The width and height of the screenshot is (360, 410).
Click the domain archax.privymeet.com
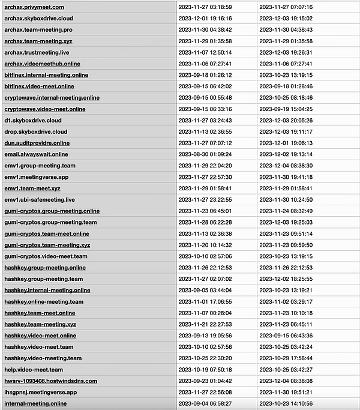click(34, 7)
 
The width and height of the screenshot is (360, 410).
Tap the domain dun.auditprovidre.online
click(37, 143)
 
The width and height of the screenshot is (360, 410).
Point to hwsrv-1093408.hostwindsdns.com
click(50, 381)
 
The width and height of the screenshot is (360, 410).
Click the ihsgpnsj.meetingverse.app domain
click(40, 392)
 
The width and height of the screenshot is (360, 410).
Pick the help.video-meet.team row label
click(34, 370)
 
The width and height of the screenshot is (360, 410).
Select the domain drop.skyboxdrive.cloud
click(36, 131)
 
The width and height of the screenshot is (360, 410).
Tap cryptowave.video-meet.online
click(45, 109)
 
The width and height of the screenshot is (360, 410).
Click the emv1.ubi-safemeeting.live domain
click(40, 199)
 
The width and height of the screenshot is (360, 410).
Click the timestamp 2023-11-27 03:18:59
click(205, 7)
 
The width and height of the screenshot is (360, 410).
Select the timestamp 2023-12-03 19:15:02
click(286, 18)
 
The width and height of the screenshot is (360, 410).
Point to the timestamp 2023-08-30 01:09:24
click(205, 154)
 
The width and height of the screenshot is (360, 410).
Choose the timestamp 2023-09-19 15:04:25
click(286, 109)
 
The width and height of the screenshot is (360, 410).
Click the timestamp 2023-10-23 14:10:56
click(286, 404)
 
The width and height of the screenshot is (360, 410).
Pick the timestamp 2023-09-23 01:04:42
click(205, 381)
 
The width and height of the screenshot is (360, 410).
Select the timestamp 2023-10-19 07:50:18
click(205, 370)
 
